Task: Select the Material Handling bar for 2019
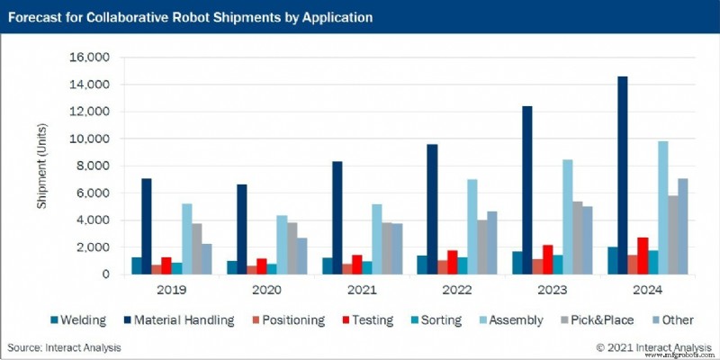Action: coord(147,226)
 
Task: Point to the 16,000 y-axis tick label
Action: coord(88,58)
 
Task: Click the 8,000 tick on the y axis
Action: coord(92,166)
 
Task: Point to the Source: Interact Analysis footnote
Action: coord(64,346)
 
